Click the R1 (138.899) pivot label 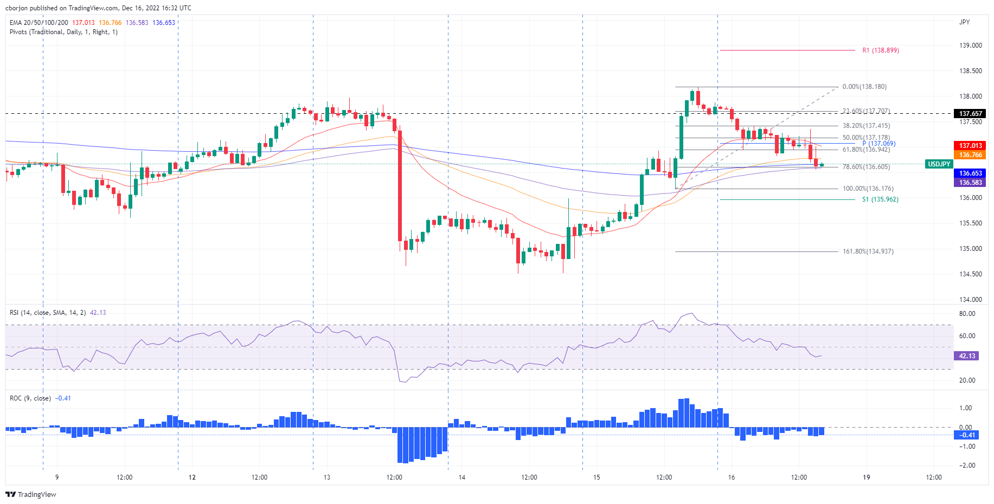(x=881, y=50)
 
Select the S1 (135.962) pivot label (x=880, y=199)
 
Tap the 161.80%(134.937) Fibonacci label (x=868, y=251)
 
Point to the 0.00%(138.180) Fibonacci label (x=864, y=87)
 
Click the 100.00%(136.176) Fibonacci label (x=868, y=189)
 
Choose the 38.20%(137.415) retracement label (x=866, y=126)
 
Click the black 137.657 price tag (x=970, y=114)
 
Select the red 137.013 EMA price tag (x=970, y=146)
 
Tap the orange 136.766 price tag (x=970, y=155)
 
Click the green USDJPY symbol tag (x=939, y=164)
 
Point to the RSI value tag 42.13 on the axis (x=967, y=356)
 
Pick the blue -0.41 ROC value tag (x=967, y=435)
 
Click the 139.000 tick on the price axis (x=970, y=46)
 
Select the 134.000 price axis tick (x=970, y=300)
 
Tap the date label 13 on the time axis (x=326, y=477)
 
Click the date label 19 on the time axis (x=866, y=477)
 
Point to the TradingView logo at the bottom (x=31, y=494)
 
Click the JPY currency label (x=964, y=22)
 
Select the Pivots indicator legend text (x=63, y=32)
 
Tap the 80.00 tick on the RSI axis (x=967, y=314)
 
